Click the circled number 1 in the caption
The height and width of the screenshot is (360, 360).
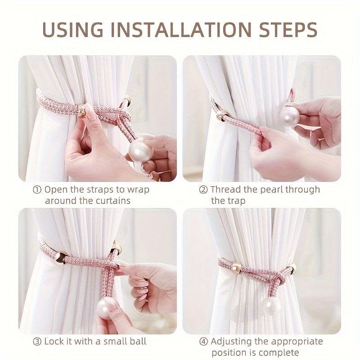point(37,189)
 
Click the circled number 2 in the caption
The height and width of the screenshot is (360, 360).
point(203,189)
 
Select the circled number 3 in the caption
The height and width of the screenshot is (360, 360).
point(37,342)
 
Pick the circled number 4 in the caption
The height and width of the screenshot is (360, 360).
point(203,342)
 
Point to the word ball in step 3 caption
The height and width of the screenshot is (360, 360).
point(136,342)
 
